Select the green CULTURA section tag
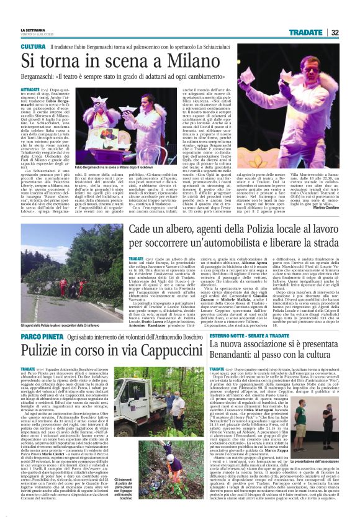pyautogui.click(x=32, y=47)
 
